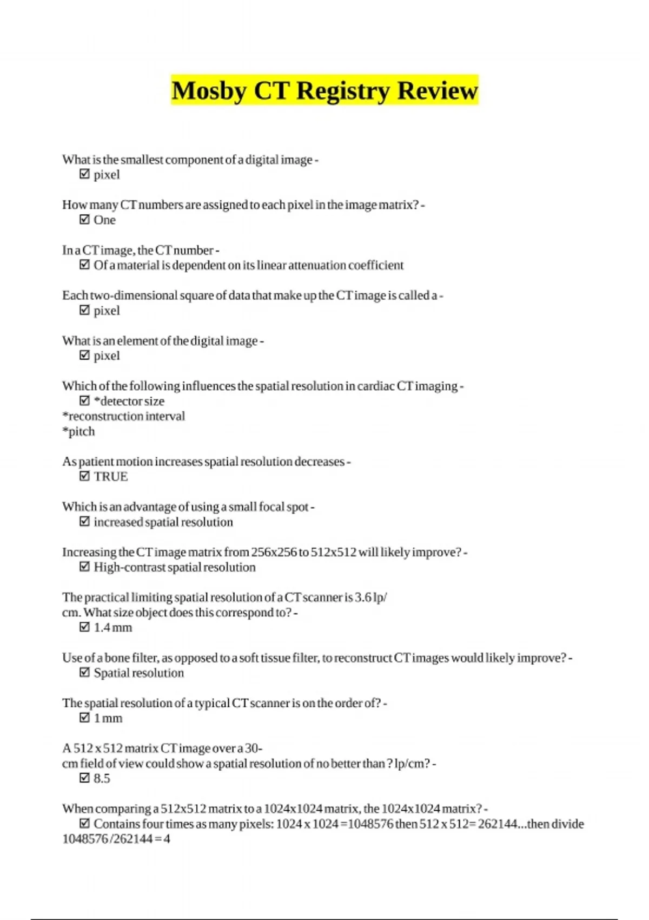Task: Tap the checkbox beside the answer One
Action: click(84, 220)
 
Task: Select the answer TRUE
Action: click(110, 477)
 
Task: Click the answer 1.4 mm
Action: click(112, 628)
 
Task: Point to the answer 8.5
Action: click(102, 779)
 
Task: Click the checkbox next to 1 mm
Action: click(84, 718)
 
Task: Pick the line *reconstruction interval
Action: click(123, 416)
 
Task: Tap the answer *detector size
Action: click(129, 401)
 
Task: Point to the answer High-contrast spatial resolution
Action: click(174, 567)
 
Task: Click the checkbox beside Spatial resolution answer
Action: click(84, 673)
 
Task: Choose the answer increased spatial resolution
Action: click(163, 522)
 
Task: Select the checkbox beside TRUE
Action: click(84, 477)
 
